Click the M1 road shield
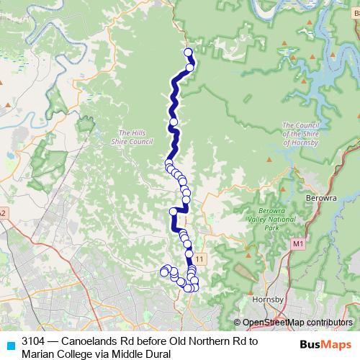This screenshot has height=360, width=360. coord(298,246)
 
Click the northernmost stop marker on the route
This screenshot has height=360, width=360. coord(189,52)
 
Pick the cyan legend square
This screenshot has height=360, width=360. coord(10,345)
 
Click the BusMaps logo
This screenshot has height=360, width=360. coord(325,345)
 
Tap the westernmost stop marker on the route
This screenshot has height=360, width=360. coord(164,271)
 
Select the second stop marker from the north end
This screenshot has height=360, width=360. coord(190,68)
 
